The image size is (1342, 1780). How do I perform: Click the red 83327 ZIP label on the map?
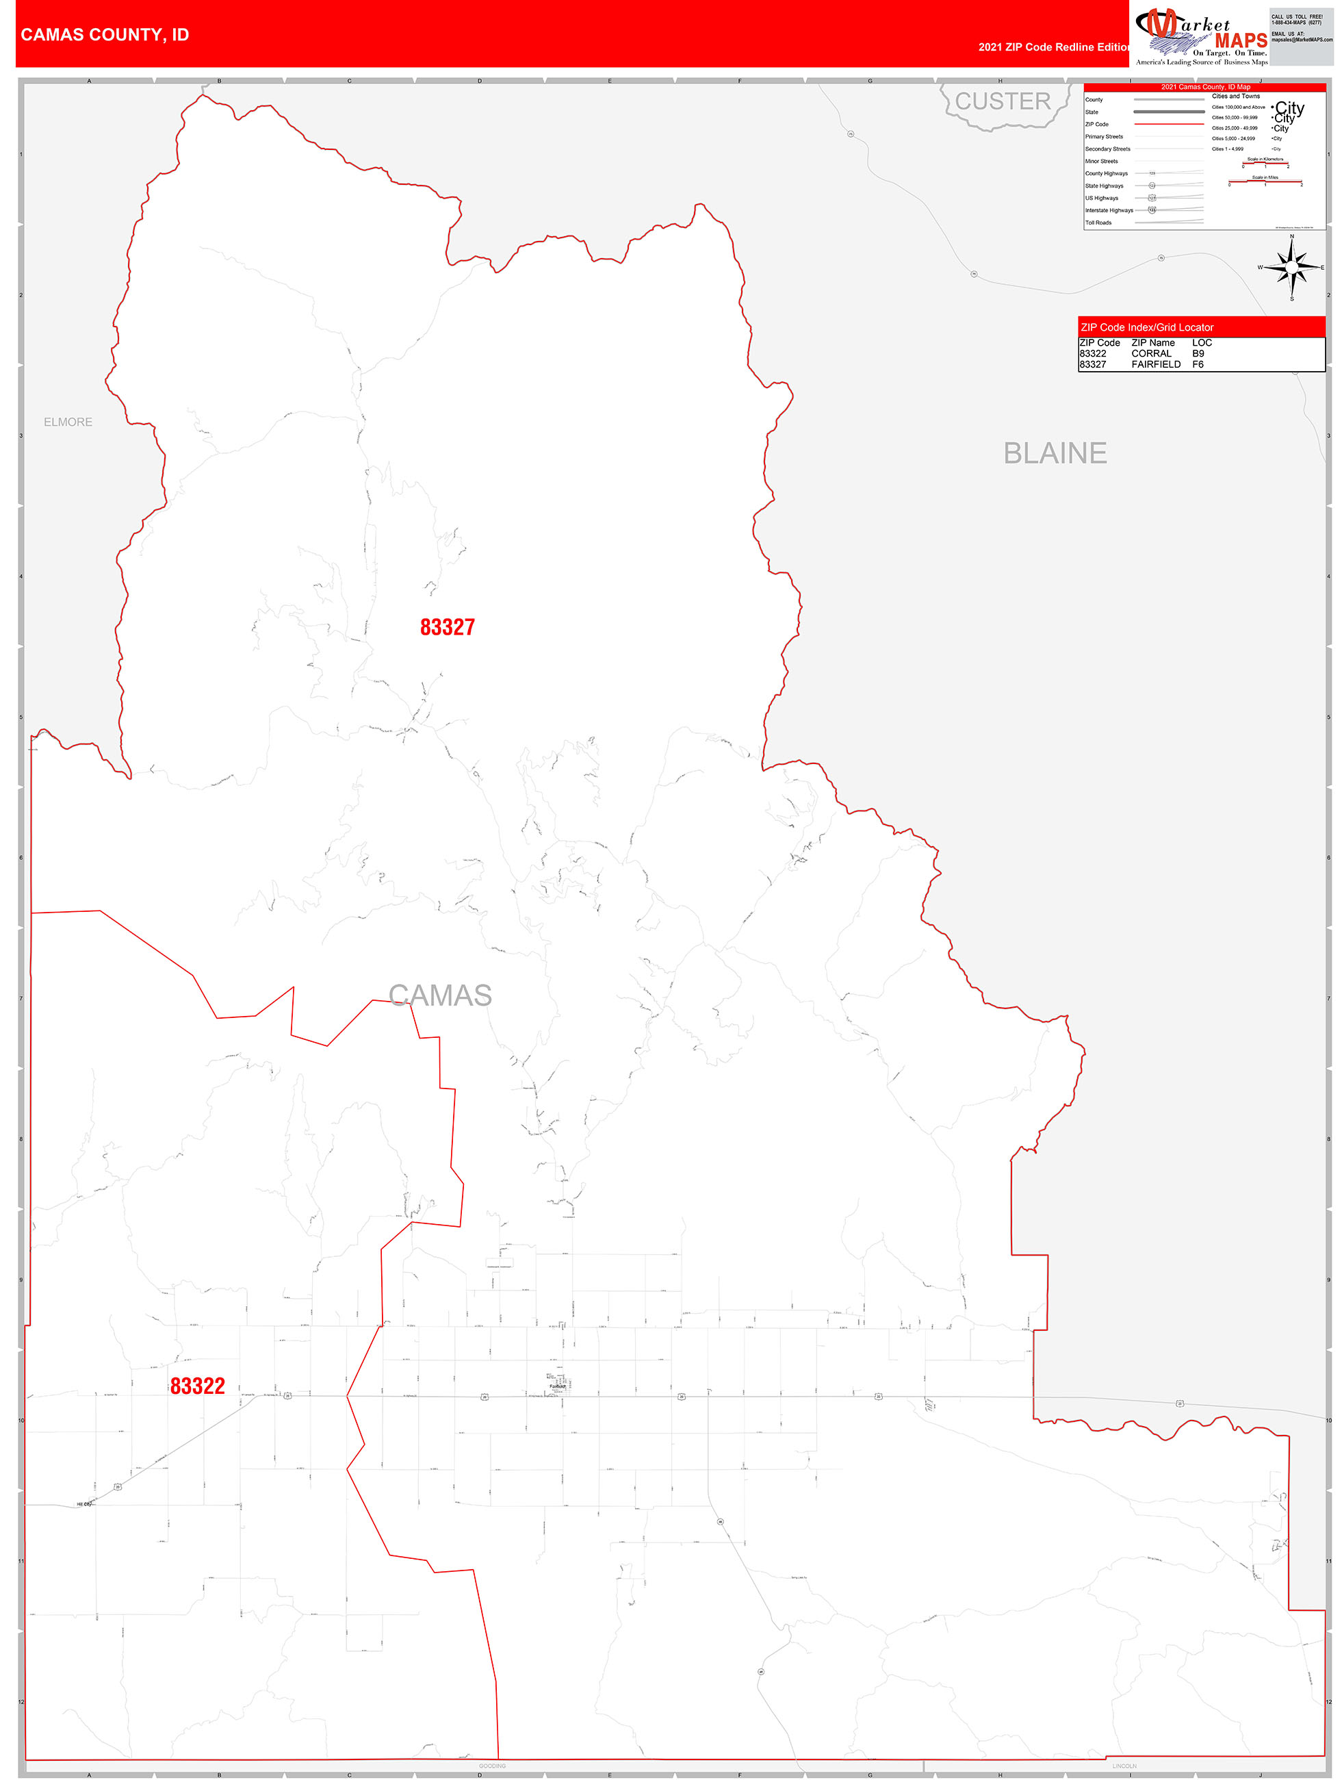coord(448,627)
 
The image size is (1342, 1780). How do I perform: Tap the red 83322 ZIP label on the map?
coord(197,1386)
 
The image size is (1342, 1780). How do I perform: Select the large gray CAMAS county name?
coord(440,995)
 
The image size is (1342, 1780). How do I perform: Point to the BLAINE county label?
coord(1055,453)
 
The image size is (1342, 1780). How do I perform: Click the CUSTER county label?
coord(1003,101)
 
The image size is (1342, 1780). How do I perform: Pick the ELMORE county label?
coord(68,422)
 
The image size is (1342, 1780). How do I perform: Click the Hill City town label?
coord(83,1504)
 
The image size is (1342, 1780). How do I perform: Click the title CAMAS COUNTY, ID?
coord(105,35)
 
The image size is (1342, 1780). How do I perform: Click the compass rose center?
coord(1291,267)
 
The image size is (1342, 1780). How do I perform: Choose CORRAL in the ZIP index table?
coord(1150,353)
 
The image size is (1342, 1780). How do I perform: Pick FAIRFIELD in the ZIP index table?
coord(1155,364)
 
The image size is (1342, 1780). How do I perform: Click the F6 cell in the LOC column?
coord(1198,364)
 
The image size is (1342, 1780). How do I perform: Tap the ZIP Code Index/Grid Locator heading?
coord(1146,327)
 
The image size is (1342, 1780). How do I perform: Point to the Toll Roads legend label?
coord(1098,223)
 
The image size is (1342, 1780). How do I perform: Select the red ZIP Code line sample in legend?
coord(1168,125)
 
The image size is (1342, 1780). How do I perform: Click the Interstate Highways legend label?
coord(1109,210)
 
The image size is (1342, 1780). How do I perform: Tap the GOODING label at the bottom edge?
coord(493,1766)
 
